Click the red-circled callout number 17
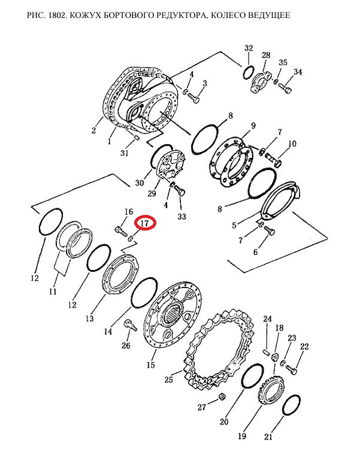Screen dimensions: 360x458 pyautogui.click(x=145, y=223)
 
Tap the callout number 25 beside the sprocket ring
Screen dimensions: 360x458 pyautogui.click(x=169, y=380)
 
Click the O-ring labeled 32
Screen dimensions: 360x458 pyautogui.click(x=247, y=72)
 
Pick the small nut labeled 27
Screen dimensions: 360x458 pyautogui.click(x=221, y=396)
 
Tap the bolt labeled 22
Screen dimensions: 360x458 pyautogui.click(x=291, y=369)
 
